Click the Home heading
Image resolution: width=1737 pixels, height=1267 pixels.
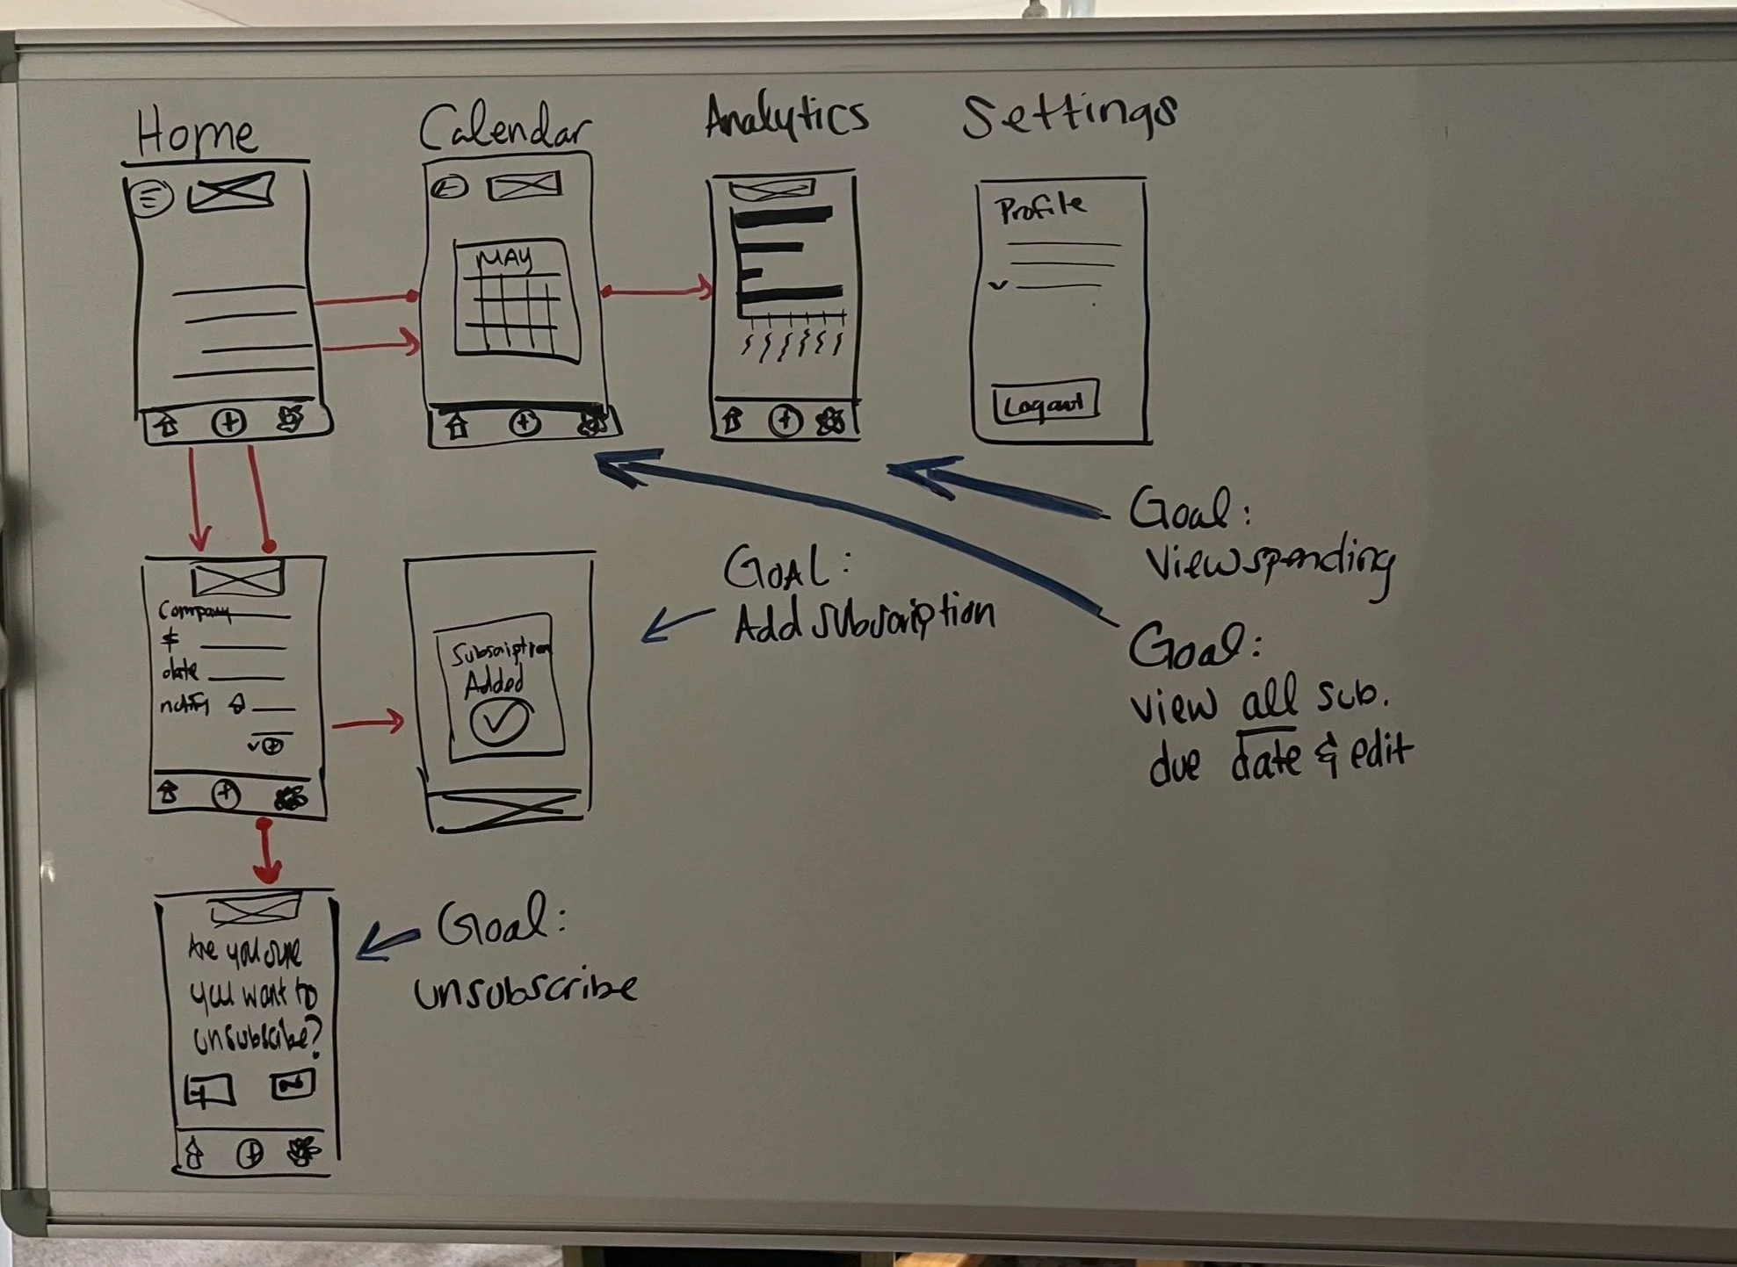pyautogui.click(x=197, y=134)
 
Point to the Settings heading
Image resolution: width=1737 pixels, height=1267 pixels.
pyautogui.click(x=1069, y=116)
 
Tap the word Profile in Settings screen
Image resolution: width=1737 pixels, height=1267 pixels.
pyautogui.click(x=1041, y=208)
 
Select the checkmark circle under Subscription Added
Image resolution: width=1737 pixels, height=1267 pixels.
pyautogui.click(x=499, y=722)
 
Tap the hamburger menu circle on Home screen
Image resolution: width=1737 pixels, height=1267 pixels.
pyautogui.click(x=151, y=197)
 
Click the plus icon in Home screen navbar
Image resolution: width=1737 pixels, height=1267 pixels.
pyautogui.click(x=228, y=423)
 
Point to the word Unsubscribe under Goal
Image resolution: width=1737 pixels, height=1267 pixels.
pyautogui.click(x=525, y=990)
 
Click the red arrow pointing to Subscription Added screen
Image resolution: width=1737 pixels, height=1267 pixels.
pyautogui.click(x=368, y=723)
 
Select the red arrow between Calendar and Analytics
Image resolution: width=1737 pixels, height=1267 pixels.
pyautogui.click(x=657, y=289)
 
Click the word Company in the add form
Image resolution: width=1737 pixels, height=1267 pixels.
pyautogui.click(x=193, y=612)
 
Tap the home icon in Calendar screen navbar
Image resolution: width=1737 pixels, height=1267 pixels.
pyautogui.click(x=456, y=427)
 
